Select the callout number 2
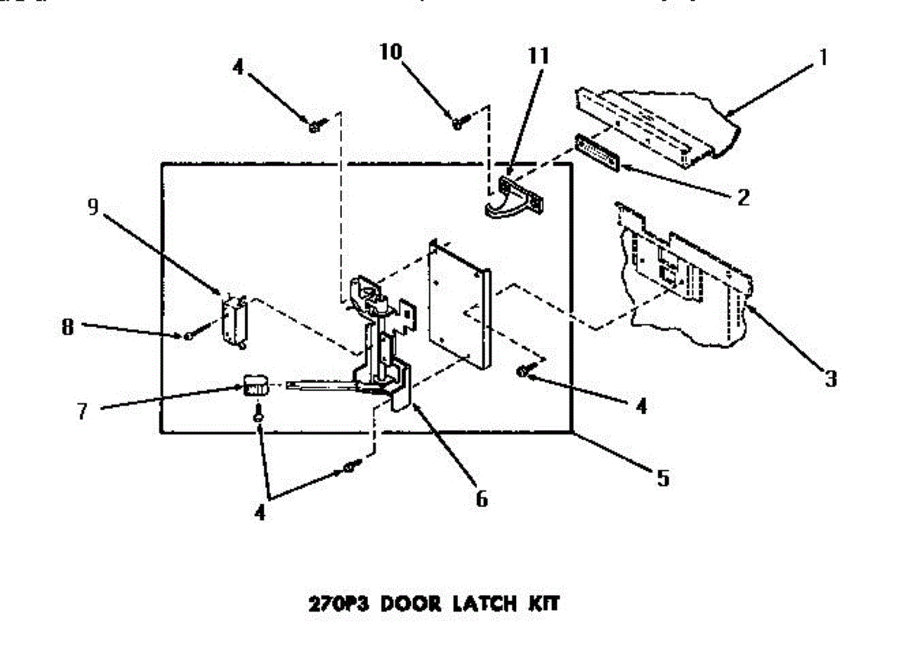click(742, 197)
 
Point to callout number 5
click(663, 478)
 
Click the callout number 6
click(481, 499)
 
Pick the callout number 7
click(82, 410)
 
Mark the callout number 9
click(93, 208)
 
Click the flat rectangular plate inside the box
click(458, 305)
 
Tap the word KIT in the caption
click(543, 604)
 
